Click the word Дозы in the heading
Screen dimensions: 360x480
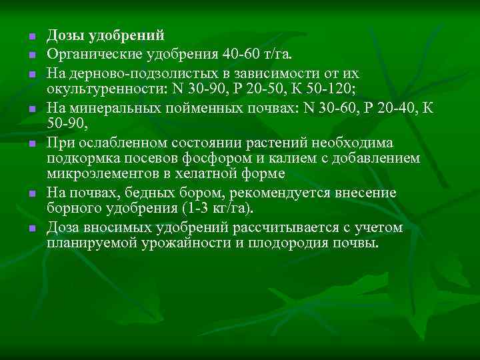(x=64, y=35)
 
